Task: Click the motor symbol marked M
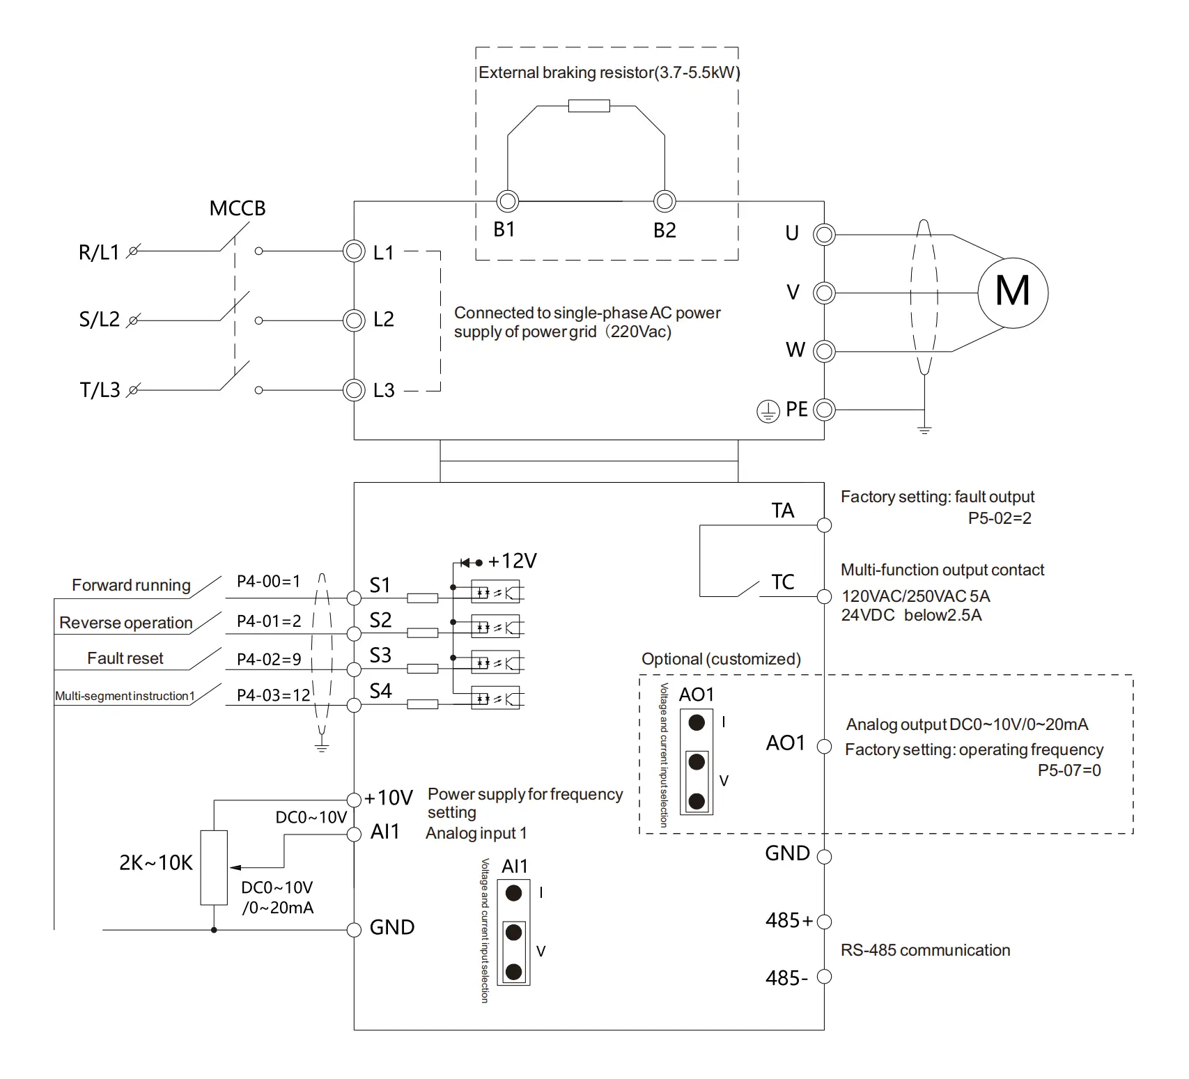(1012, 291)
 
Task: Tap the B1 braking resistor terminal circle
(508, 201)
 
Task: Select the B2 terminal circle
(665, 201)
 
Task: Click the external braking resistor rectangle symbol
(589, 106)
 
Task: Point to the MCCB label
(238, 208)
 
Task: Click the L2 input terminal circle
(354, 320)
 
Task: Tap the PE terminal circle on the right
(824, 410)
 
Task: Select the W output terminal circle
(824, 351)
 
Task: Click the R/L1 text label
(99, 252)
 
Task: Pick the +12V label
(512, 561)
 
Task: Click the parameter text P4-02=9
(269, 659)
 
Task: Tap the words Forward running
(131, 585)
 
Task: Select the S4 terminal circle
(354, 705)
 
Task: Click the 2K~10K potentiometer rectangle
(214, 867)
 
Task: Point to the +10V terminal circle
(354, 799)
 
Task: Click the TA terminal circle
(824, 525)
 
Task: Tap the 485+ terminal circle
(824, 922)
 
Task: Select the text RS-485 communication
(925, 950)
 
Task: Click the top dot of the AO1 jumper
(697, 722)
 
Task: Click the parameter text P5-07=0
(1069, 770)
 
